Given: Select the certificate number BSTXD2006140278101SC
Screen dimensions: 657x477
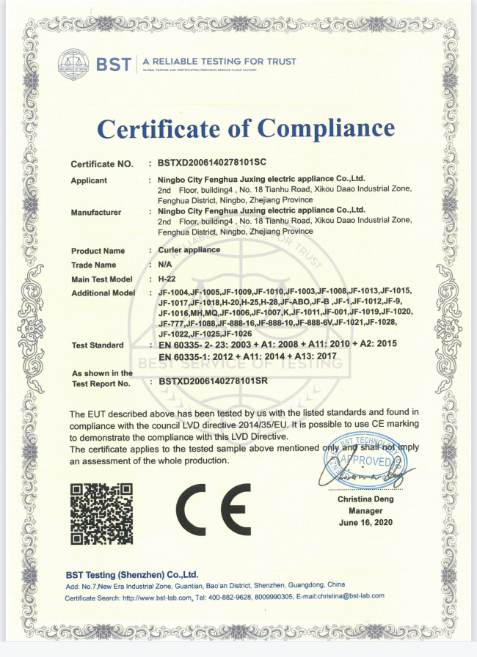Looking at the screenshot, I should [211, 164].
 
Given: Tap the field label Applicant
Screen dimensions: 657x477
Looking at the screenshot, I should [89, 180].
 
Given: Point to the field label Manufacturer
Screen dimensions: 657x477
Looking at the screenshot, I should [96, 213].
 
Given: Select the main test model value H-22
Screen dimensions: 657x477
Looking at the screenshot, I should [168, 279].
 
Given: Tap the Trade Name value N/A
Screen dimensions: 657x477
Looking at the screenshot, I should [165, 265].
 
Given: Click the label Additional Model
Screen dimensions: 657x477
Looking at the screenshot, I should [103, 293].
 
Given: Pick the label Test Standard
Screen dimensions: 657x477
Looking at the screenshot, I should [98, 345].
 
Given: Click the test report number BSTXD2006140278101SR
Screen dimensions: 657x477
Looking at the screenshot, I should [211, 383].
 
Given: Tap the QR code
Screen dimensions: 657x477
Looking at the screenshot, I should [101, 514].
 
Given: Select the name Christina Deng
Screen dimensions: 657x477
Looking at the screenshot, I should [365, 499].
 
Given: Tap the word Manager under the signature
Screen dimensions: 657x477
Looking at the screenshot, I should [365, 510].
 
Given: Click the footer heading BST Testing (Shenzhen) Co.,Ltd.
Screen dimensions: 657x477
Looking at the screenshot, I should [132, 574].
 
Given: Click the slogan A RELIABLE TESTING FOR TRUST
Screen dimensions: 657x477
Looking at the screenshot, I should [219, 62].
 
